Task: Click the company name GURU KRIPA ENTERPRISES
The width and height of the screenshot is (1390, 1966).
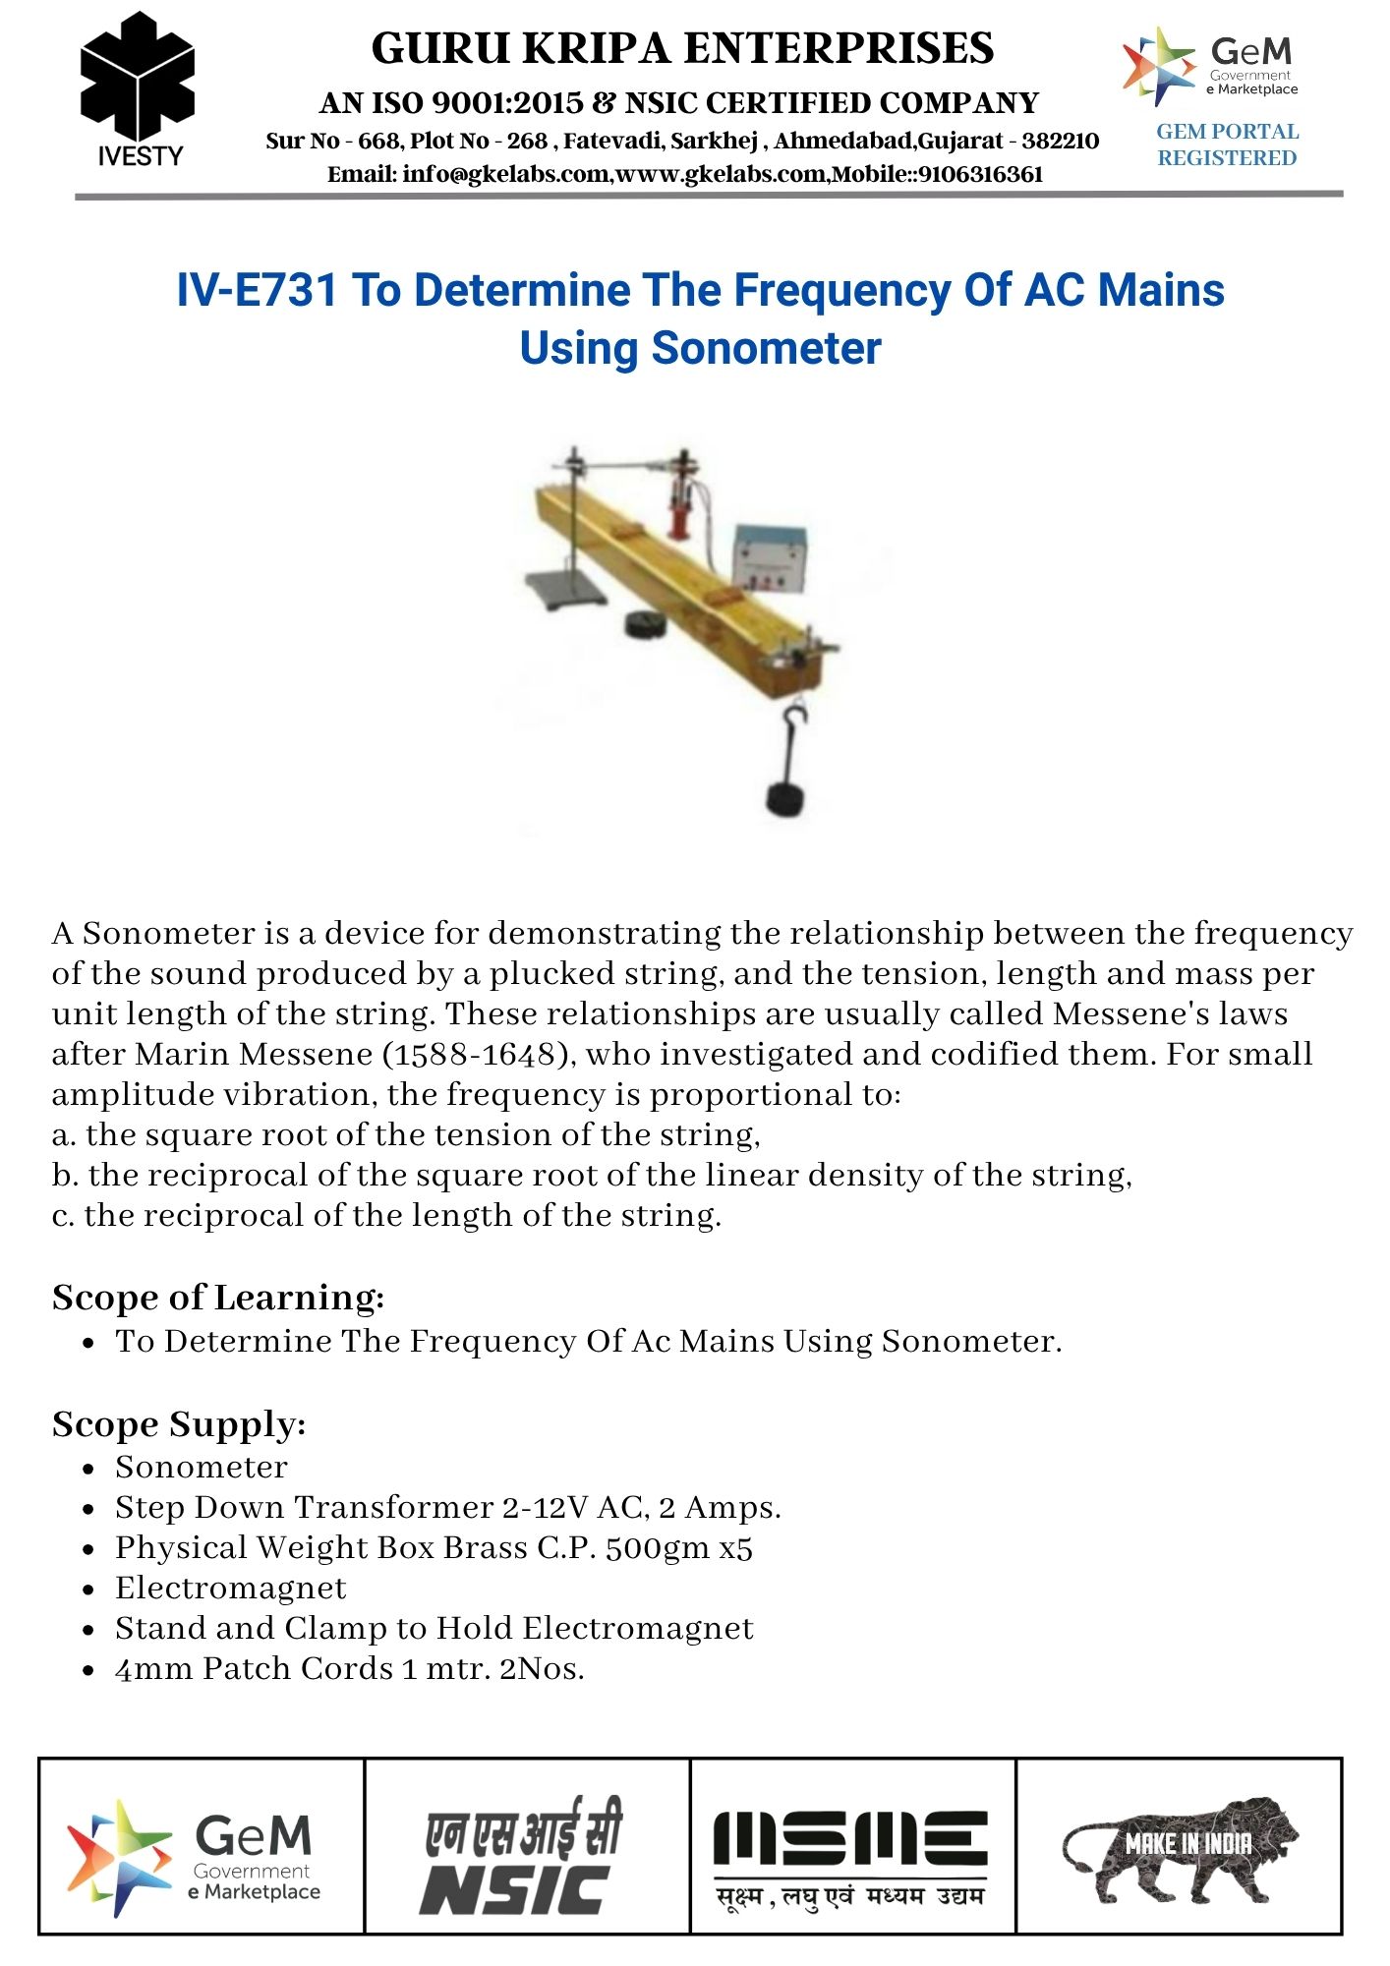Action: pos(682,48)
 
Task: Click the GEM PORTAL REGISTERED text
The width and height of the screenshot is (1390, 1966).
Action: pos(1227,145)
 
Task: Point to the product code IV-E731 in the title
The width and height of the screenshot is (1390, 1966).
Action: pos(257,291)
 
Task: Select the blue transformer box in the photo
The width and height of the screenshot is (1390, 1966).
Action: pos(771,557)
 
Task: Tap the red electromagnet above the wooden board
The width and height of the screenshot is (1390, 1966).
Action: pos(679,511)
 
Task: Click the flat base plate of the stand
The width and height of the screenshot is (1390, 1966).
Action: pos(556,590)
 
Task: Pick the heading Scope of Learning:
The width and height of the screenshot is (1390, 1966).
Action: pos(218,1298)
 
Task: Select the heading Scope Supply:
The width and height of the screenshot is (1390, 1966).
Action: pos(179,1424)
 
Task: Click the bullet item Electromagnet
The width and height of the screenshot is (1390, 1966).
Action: pos(230,1589)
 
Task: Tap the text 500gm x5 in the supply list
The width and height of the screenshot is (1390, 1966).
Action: pos(678,1548)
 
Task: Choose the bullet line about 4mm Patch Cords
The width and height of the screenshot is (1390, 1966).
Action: pos(349,1669)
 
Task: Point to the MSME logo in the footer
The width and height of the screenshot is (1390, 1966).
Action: pos(851,1856)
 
